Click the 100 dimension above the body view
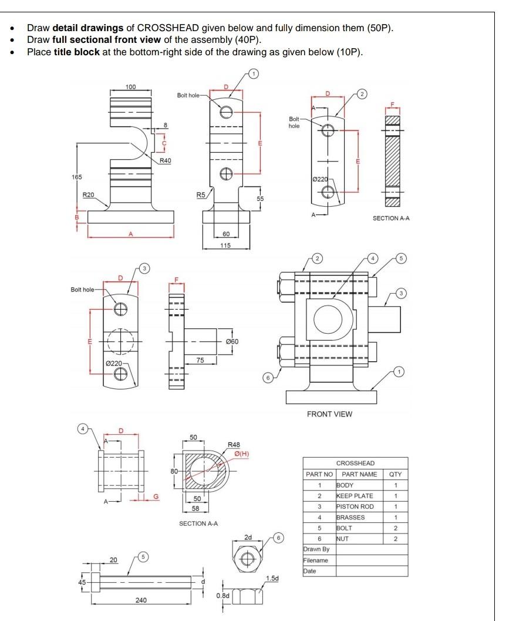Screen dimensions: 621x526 [x=130, y=87]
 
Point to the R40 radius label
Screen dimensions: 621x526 [x=165, y=160]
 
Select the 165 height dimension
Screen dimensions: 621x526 [x=77, y=177]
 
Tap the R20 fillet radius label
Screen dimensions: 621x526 [x=88, y=194]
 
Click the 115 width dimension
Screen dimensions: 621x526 [x=225, y=245]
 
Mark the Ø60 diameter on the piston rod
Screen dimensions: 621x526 [x=232, y=341]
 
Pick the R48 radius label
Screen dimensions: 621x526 [x=234, y=445]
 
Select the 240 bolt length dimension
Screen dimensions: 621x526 [x=140, y=600]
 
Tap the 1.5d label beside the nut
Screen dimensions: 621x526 [x=272, y=579]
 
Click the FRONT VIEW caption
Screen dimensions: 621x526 [x=329, y=414]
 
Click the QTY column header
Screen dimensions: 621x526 [x=395, y=474]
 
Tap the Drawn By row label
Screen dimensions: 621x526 [x=316, y=549]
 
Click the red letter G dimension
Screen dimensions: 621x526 [x=156, y=497]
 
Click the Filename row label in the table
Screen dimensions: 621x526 [x=316, y=560]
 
